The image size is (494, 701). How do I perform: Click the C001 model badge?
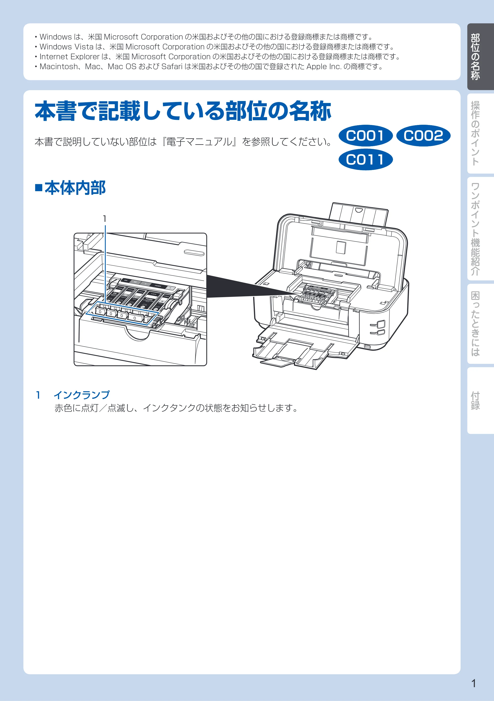tap(365, 136)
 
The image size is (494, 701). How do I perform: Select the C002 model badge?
tap(423, 136)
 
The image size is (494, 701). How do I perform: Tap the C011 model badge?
tap(365, 159)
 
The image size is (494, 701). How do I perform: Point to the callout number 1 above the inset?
tap(104, 219)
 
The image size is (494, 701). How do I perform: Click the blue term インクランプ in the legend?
tap(82, 395)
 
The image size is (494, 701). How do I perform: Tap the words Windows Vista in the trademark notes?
tap(66, 47)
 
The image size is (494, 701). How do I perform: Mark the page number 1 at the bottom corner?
tap(473, 683)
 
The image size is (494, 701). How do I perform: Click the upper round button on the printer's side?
tap(380, 324)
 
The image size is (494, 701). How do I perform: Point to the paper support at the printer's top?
tap(359, 215)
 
